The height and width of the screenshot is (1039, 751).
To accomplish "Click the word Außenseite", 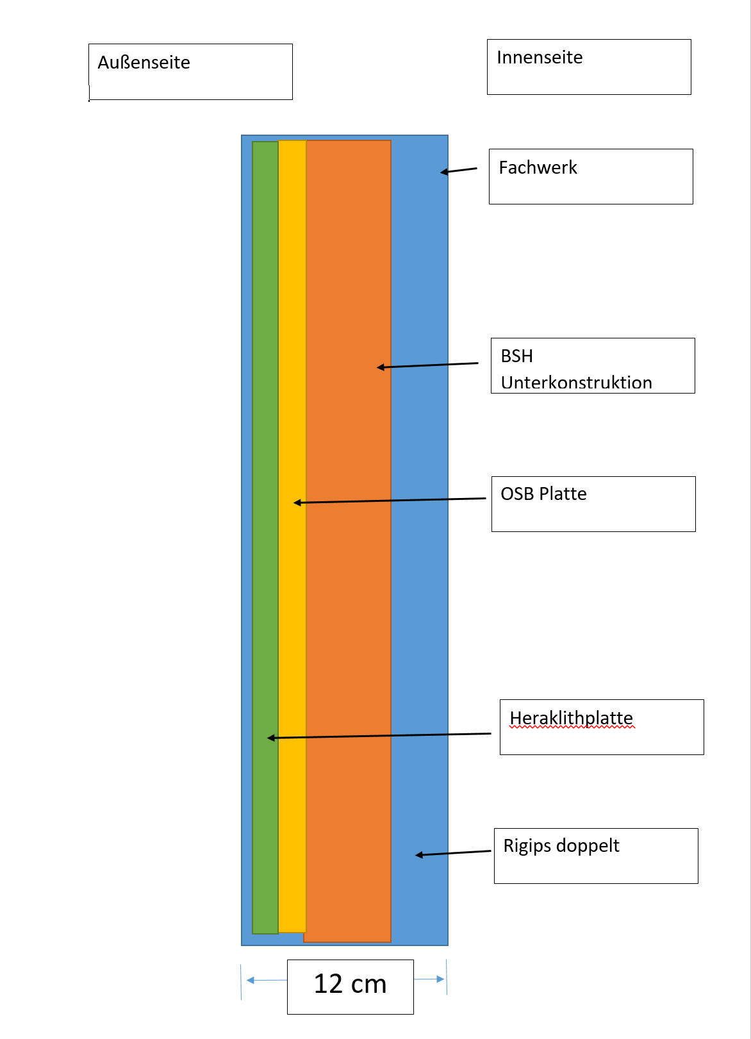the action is [144, 63].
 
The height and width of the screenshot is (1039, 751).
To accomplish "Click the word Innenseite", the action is [540, 58].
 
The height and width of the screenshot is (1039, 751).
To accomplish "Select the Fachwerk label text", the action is [538, 167].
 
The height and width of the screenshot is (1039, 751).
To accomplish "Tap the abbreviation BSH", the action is [516, 356].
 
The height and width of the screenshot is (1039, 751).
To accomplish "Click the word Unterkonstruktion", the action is [576, 383].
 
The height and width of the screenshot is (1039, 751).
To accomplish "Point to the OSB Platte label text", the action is [543, 494].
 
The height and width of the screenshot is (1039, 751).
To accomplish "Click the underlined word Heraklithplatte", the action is [571, 718].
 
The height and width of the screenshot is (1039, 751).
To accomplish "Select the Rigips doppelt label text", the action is [561, 846].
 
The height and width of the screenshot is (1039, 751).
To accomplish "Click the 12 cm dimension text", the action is [350, 984].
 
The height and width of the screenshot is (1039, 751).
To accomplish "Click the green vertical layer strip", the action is [265, 538].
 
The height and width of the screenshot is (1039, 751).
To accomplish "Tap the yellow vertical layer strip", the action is [292, 536].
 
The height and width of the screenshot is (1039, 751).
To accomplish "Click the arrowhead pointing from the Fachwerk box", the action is [443, 172].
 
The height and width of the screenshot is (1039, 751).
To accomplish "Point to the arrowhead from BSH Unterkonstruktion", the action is [381, 367].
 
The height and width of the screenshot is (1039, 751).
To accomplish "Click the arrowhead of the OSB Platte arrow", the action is [297, 503].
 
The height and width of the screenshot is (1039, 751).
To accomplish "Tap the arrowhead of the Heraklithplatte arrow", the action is [271, 738].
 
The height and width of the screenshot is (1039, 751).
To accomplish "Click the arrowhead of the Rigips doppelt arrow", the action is [418, 855].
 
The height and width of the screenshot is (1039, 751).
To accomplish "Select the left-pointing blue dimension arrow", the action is [267, 980].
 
